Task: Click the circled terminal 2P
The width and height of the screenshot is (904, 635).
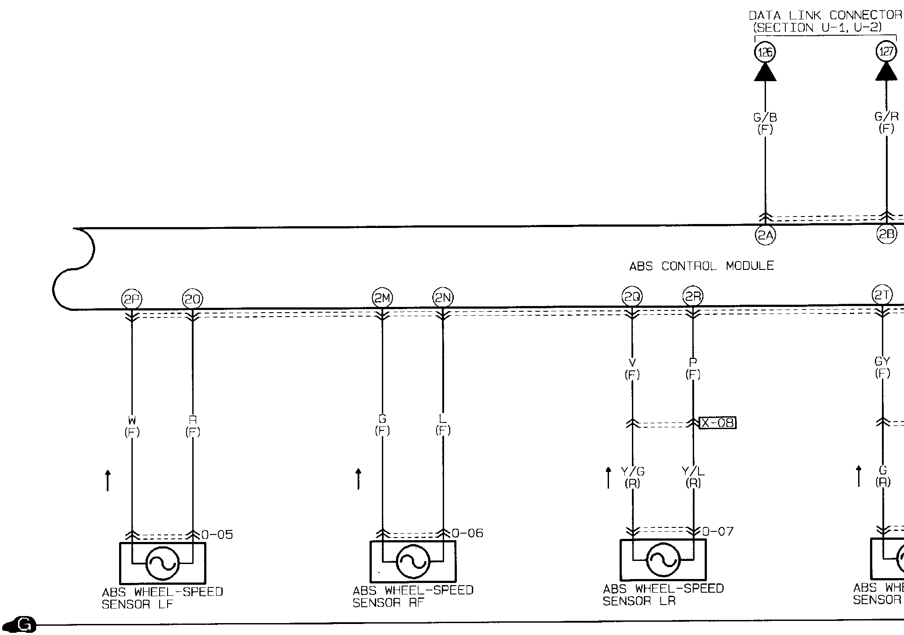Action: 131,300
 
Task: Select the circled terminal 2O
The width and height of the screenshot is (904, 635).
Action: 192,300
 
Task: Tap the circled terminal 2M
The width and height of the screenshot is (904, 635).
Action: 382,299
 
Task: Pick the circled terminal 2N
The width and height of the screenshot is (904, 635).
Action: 443,299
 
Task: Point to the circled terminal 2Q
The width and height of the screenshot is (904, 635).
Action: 632,297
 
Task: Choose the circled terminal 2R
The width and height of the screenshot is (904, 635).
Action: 693,297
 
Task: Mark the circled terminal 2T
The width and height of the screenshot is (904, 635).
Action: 882,295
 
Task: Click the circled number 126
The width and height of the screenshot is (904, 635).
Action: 765,52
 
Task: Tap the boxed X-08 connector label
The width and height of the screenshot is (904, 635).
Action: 718,423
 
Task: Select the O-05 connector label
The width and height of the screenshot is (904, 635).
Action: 217,535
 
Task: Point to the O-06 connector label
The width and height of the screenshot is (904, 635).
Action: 467,534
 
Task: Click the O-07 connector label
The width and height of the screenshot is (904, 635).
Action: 717,532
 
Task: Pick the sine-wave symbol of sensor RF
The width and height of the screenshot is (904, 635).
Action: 413,561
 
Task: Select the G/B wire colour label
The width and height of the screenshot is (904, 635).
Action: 765,118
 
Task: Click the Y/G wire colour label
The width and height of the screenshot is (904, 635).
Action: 633,472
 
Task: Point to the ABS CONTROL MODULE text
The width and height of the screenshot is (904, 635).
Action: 701,266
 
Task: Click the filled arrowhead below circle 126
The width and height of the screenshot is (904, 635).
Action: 765,72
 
